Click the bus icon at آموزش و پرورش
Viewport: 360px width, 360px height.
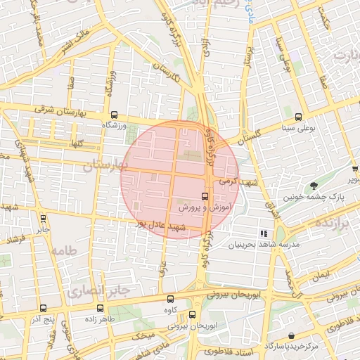click(205, 196)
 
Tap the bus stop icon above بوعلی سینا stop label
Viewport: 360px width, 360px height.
click(300, 117)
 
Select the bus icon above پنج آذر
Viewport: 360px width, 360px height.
click(44, 308)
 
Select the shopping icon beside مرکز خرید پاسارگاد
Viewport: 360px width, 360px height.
click(291, 337)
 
